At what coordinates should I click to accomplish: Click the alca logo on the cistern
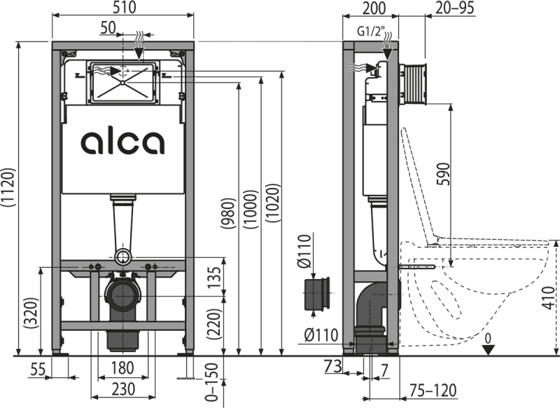click(122, 143)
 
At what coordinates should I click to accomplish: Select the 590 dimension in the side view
click(443, 174)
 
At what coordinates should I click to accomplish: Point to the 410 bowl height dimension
click(551, 297)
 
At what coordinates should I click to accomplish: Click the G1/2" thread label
click(370, 32)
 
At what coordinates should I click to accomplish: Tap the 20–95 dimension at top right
click(454, 8)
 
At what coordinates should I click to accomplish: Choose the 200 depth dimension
click(374, 8)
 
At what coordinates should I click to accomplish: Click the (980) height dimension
click(228, 212)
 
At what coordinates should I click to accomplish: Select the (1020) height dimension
click(273, 203)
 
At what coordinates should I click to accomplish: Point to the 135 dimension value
click(215, 278)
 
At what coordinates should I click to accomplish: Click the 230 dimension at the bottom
click(123, 389)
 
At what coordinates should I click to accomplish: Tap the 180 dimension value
click(123, 368)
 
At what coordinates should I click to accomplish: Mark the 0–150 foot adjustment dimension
click(212, 382)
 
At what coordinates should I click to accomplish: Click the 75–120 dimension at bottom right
click(433, 390)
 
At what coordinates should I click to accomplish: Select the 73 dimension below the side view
click(332, 366)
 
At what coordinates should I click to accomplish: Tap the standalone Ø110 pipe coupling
click(317, 294)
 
